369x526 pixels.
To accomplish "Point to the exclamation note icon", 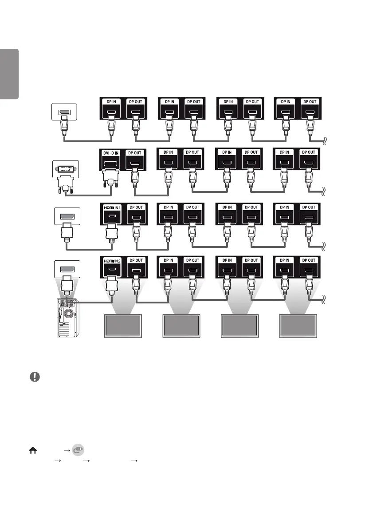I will point(35,377).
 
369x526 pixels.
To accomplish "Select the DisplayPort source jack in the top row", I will point(64,112).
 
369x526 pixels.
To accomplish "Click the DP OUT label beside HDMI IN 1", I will point(135,207).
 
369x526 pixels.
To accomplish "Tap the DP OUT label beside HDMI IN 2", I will point(135,260).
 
